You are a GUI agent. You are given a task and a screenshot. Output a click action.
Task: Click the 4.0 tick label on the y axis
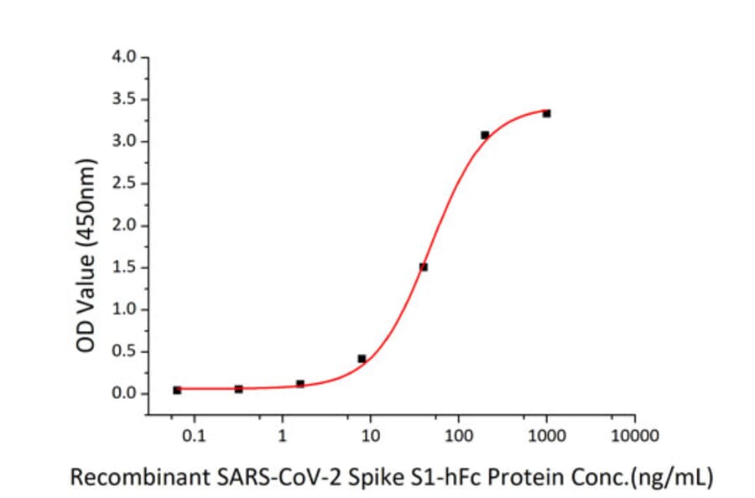pos(126,58)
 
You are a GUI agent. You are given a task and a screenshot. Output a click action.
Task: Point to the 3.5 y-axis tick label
pos(126,100)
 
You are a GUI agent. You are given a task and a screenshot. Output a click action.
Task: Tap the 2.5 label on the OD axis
pos(126,184)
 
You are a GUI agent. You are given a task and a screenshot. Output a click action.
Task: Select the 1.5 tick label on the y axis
pos(126,267)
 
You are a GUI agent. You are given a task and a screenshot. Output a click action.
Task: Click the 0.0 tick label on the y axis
pos(126,393)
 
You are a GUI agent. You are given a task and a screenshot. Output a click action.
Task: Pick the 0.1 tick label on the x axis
pos(194,435)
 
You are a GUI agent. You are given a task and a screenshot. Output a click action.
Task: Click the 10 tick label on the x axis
pos(370,435)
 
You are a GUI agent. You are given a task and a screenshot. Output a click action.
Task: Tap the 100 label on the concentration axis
pos(458,435)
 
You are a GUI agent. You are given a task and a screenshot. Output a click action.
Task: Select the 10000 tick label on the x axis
pos(634,435)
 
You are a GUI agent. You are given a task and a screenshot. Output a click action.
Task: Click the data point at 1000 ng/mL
pos(546,113)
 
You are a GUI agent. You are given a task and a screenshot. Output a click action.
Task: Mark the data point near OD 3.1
pos(485,134)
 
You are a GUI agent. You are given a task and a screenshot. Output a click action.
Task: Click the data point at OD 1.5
pos(424,267)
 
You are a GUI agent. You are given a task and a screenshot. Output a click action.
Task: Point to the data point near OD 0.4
pos(362,359)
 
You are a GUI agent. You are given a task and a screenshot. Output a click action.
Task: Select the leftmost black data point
pos(177,390)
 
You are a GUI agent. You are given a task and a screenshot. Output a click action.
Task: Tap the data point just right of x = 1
pos(300,383)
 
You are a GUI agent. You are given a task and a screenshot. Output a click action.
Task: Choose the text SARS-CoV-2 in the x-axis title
pos(277,478)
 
